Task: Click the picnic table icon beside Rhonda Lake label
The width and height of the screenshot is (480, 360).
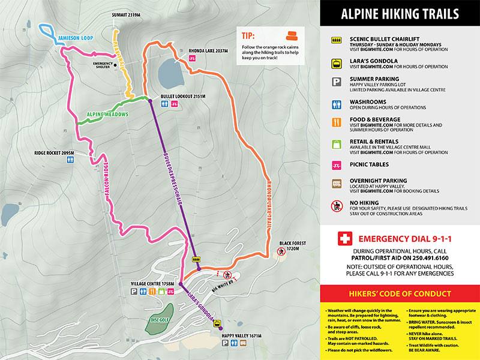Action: pyautogui.click(x=193, y=58)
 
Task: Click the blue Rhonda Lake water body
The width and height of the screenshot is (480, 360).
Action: pyautogui.click(x=172, y=75)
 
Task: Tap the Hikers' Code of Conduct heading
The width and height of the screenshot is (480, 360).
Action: pyautogui.click(x=399, y=293)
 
